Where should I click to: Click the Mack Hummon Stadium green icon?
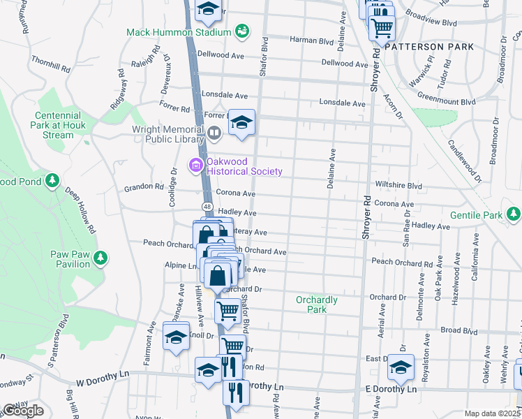click(241, 31)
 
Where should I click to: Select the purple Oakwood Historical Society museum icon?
click(196, 166)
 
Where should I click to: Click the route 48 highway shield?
click(208, 206)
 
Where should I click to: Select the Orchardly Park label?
click(317, 304)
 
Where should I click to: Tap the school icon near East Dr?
click(401, 365)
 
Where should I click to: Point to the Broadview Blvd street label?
click(431, 22)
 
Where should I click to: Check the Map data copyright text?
click(491, 413)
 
